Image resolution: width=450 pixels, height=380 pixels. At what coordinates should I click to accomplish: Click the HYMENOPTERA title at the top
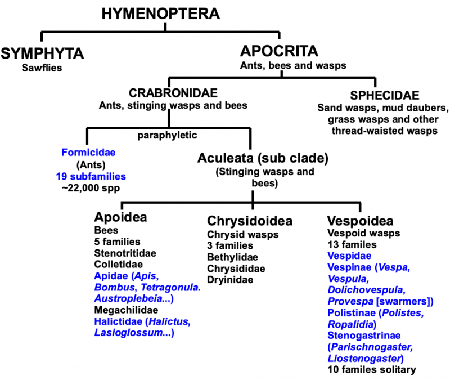(161, 14)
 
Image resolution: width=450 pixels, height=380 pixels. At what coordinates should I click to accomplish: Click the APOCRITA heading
(279, 51)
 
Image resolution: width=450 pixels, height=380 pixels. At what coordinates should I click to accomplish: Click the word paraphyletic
(166, 135)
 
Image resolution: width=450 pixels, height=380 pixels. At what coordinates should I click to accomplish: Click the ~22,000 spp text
(86, 187)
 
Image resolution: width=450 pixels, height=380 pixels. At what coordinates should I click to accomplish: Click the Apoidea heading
(121, 219)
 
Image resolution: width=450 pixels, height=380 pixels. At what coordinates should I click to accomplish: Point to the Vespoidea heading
(360, 220)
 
